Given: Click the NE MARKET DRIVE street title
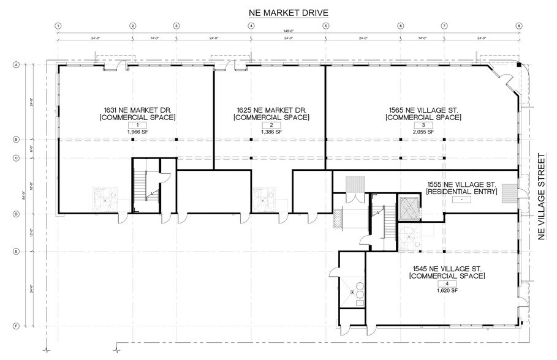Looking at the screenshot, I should point(287,12).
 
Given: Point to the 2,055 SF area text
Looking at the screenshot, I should point(423,132).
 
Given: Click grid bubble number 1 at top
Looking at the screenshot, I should point(58,26).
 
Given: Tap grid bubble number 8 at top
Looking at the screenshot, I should point(519,26).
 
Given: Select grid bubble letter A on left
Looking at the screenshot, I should point(17,64).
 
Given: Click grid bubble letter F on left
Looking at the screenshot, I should point(17,326).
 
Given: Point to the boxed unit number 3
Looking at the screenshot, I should point(423,125).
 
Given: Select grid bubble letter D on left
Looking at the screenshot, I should point(17,214).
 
